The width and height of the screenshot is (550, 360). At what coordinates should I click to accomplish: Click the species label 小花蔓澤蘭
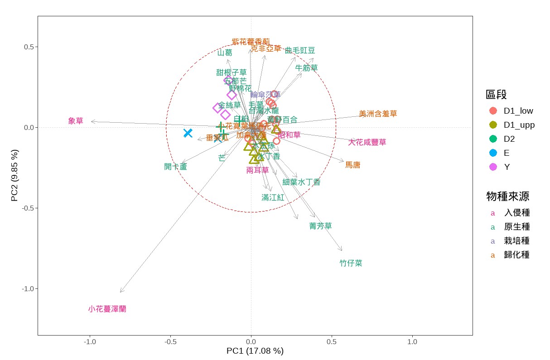107,309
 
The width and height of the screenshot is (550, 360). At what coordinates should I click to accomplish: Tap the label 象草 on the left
76,121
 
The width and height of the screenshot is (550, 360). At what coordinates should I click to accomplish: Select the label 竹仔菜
351,263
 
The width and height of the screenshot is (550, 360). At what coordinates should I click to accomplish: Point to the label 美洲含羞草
378,114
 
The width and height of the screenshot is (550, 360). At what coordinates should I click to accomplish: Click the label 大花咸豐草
367,143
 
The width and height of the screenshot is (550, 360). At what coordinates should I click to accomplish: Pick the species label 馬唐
352,165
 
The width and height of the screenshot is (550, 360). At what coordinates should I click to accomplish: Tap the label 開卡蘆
175,167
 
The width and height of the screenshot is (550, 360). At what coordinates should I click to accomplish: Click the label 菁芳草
320,226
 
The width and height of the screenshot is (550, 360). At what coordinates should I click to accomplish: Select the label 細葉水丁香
301,182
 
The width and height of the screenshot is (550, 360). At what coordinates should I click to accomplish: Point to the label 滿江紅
273,197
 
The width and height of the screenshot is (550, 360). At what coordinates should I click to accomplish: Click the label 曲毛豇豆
300,50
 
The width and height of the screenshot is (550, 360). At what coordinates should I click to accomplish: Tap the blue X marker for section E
188,133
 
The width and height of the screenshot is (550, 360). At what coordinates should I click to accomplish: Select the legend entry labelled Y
507,167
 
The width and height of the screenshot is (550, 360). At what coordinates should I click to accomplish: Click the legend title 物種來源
507,196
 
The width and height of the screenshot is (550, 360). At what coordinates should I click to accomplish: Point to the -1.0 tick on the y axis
28,289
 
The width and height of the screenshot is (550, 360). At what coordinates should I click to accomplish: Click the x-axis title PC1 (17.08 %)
255,351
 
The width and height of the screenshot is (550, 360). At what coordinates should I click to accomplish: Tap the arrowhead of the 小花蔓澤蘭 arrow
121,292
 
